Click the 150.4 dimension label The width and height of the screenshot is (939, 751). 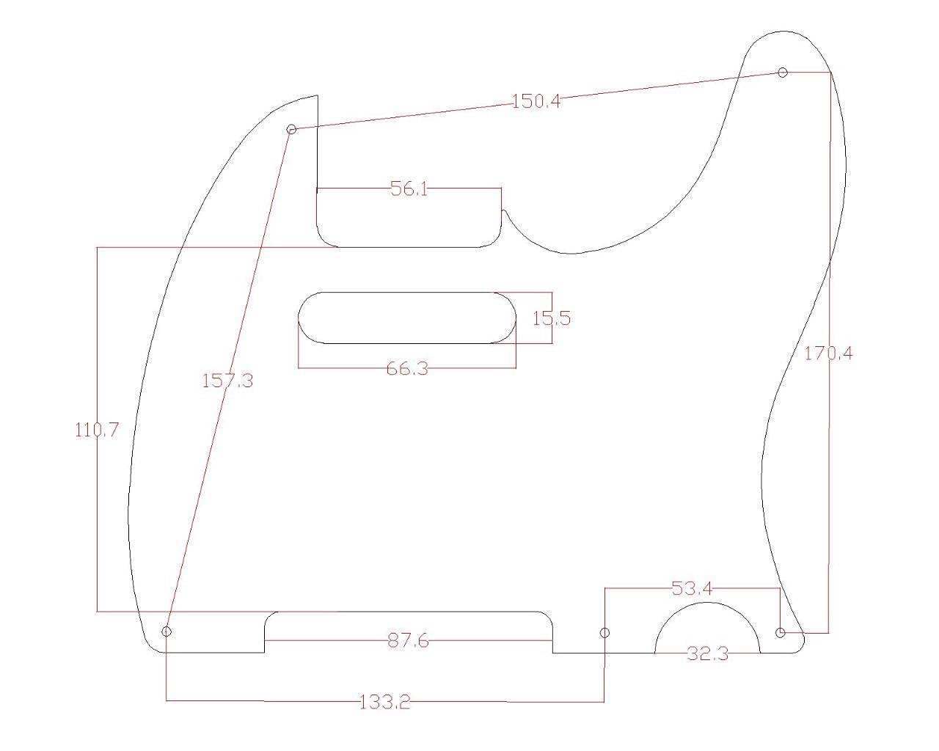click(x=536, y=101)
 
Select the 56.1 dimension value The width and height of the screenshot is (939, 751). click(x=409, y=189)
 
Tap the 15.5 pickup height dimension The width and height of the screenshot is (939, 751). click(x=552, y=318)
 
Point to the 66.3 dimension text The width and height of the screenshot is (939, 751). click(x=407, y=368)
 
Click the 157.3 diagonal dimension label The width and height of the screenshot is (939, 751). click(x=227, y=381)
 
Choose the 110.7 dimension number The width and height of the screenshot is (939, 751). click(x=97, y=430)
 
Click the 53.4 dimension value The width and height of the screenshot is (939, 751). click(x=692, y=588)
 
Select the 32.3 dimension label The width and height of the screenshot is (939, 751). click(x=708, y=653)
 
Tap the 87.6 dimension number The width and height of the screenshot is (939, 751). click(x=408, y=641)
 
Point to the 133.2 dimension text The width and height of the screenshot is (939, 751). click(x=385, y=703)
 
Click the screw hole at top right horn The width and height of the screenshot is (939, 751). click(x=783, y=72)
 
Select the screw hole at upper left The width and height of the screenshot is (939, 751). click(x=291, y=129)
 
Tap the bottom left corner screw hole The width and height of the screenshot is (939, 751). click(x=167, y=631)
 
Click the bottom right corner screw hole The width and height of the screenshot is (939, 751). click(x=781, y=631)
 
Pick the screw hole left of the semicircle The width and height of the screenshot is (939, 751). click(x=605, y=632)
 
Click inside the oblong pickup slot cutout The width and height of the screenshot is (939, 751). click(x=407, y=318)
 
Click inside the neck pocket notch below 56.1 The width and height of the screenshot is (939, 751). click(x=409, y=220)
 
